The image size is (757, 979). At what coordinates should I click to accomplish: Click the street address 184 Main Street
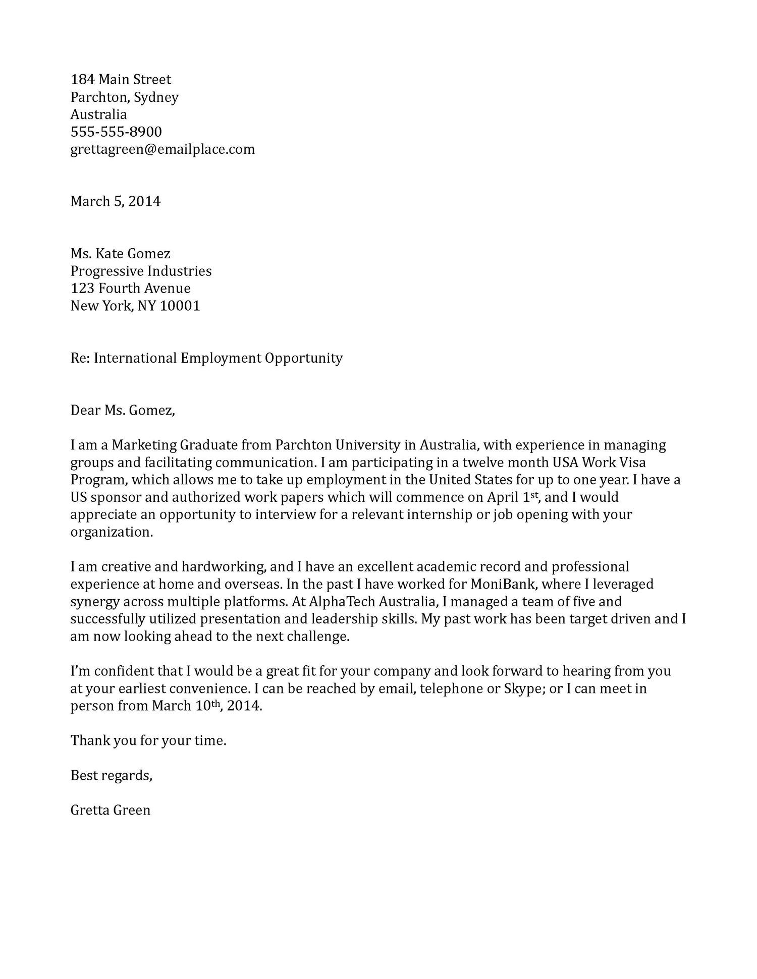[121, 80]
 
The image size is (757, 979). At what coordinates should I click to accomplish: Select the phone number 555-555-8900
[116, 132]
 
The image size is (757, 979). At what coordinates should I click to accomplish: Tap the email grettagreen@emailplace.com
[163, 149]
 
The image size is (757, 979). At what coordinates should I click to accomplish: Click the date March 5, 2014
[115, 202]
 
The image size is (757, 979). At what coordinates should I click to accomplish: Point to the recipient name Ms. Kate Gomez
[120, 254]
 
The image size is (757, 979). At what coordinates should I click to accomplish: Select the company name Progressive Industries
[141, 271]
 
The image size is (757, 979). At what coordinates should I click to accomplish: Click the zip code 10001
[180, 306]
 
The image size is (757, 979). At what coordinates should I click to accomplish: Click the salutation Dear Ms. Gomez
[123, 411]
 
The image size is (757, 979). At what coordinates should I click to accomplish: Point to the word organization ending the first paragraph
[111, 533]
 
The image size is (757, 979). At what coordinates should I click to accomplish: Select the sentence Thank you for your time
[148, 741]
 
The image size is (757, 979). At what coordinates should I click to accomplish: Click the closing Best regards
[111, 776]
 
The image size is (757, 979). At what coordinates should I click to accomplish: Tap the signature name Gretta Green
[111, 811]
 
